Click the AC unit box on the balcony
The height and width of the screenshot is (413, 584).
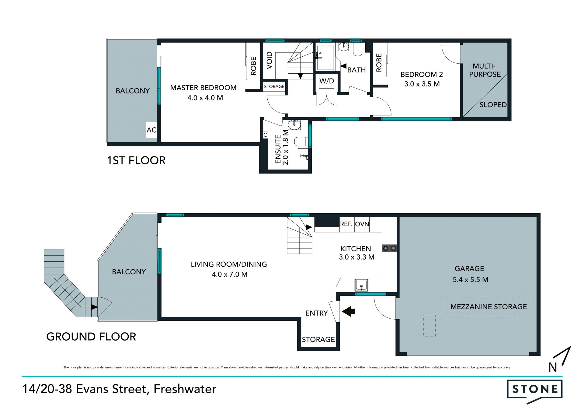[151, 130]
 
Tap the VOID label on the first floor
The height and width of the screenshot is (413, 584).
[269, 60]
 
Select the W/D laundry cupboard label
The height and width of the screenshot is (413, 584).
[327, 81]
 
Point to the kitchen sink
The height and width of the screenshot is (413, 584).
[361, 285]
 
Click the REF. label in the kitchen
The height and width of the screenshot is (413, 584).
[346, 224]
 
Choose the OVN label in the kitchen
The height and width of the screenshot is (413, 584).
[362, 224]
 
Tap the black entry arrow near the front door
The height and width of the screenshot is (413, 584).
[349, 311]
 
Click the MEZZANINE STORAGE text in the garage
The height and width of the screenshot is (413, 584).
[488, 307]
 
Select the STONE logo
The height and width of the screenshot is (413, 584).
[534, 390]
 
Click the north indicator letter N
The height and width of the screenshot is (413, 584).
[553, 368]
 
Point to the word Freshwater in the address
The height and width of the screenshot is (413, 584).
[185, 389]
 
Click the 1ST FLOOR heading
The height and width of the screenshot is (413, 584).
[136, 160]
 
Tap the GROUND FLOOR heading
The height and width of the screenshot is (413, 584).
[91, 337]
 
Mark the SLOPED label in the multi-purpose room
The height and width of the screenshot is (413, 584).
[493, 105]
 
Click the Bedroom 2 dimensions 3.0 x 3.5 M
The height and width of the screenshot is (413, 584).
[422, 84]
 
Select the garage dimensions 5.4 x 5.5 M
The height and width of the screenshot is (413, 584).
[471, 279]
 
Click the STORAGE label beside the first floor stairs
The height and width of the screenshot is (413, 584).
[274, 86]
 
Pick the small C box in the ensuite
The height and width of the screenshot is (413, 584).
[265, 135]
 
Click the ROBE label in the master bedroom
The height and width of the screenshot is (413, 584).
[253, 66]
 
